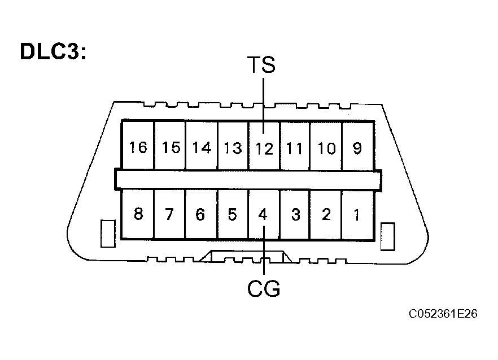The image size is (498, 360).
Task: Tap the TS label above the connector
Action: (x=261, y=65)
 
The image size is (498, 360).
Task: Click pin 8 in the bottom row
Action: (x=138, y=214)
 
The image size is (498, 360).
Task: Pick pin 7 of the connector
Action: (x=170, y=214)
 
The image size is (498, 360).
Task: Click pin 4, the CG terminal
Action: (x=263, y=214)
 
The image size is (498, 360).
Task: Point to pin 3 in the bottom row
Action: (x=294, y=214)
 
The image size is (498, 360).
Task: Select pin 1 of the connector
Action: (x=356, y=214)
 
